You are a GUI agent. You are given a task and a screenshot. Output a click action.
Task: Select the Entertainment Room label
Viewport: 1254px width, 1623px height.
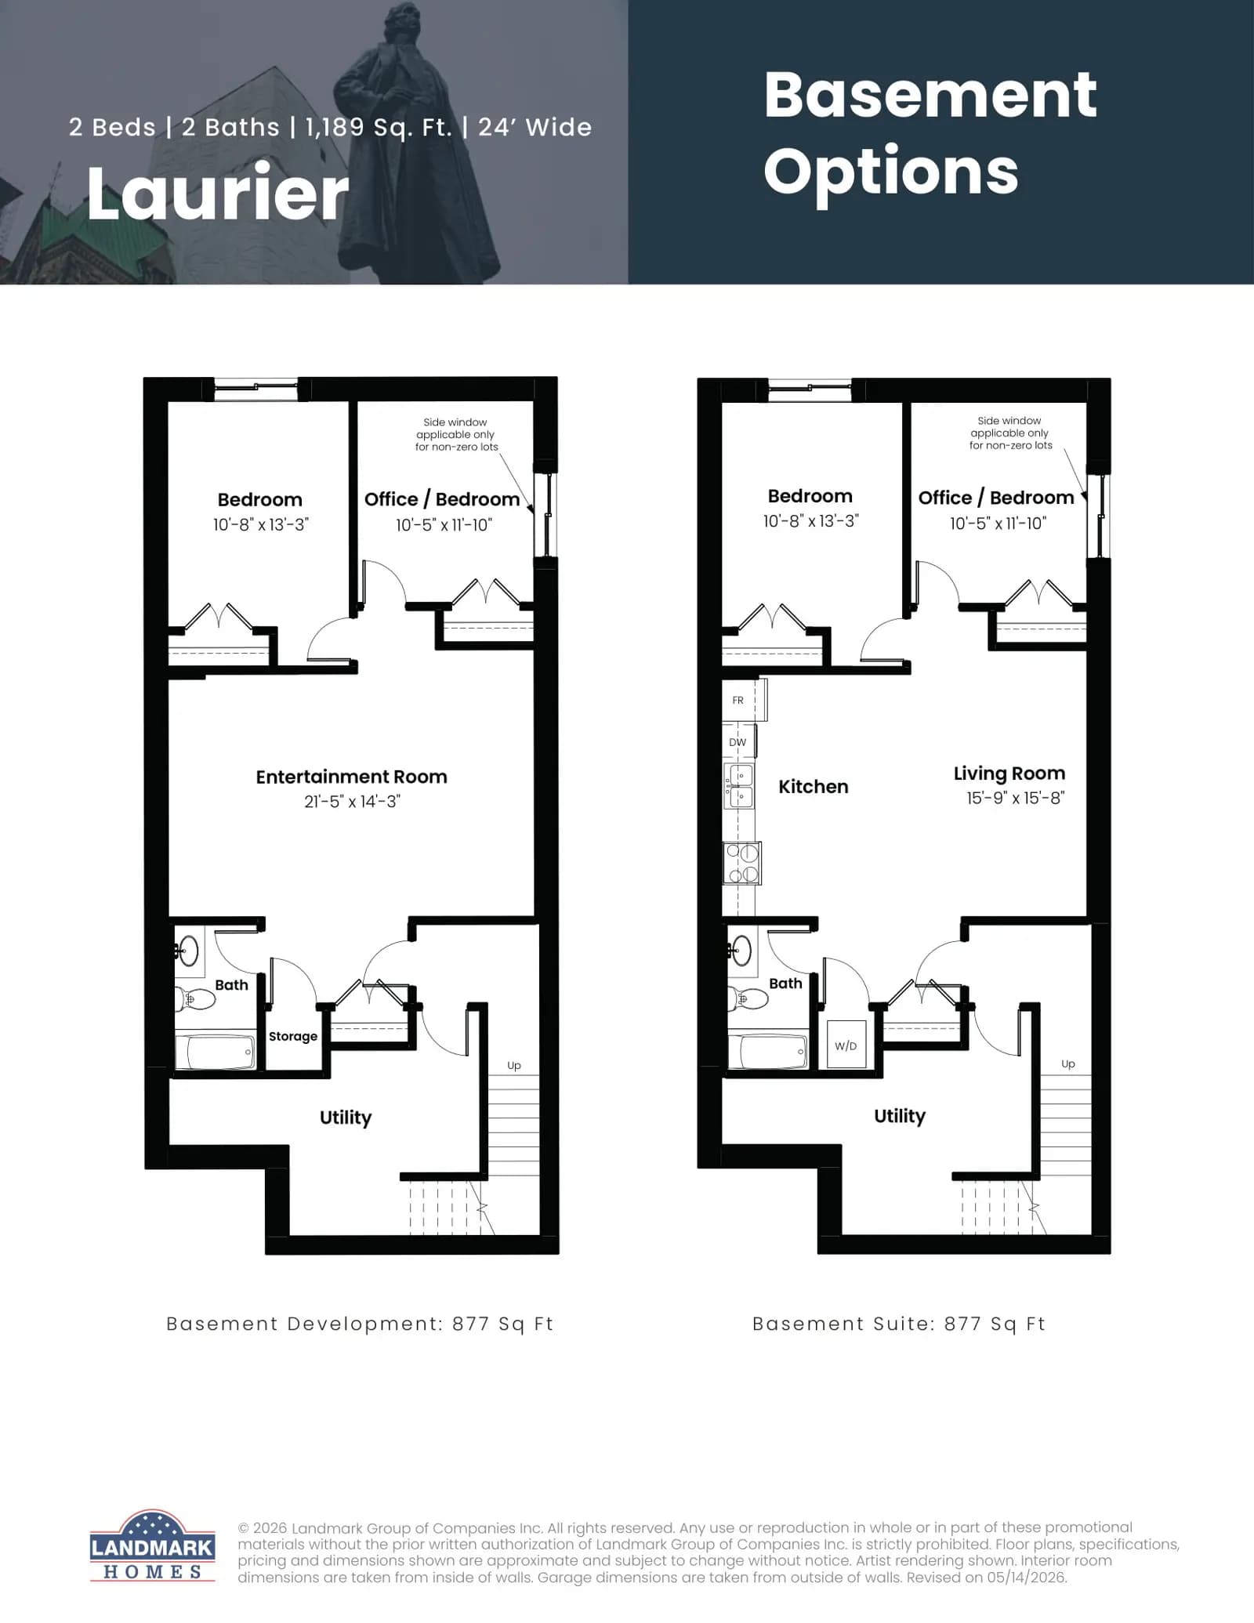[x=351, y=777]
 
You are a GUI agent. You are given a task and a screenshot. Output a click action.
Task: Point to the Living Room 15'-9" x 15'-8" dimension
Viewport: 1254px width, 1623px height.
[x=1015, y=798]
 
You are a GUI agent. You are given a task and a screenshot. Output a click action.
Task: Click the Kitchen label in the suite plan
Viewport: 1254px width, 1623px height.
[x=813, y=787]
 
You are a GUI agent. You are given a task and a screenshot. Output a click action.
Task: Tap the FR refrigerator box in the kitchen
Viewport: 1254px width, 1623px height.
[x=744, y=700]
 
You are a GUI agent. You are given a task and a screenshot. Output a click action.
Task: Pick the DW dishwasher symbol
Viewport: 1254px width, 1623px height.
[x=739, y=742]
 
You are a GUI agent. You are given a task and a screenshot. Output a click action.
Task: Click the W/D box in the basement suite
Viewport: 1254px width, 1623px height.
[x=846, y=1045]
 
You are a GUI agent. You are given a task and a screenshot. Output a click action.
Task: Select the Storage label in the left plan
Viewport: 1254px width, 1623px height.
[x=293, y=1036]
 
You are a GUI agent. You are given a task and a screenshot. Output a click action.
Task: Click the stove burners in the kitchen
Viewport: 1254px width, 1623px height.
[x=742, y=863]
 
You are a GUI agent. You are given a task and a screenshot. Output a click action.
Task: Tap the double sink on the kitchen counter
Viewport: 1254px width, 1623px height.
[x=739, y=786]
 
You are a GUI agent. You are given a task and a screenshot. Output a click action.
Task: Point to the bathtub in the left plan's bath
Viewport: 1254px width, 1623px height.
[x=216, y=1052]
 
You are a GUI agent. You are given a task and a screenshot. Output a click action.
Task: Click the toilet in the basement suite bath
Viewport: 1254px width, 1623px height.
[x=748, y=998]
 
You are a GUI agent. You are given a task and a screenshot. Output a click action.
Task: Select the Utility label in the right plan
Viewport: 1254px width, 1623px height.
[x=900, y=1116]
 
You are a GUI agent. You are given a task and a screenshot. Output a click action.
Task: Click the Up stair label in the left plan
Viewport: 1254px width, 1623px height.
[x=514, y=1065]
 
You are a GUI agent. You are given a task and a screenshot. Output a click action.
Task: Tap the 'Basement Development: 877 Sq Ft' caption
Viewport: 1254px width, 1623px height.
[x=360, y=1324]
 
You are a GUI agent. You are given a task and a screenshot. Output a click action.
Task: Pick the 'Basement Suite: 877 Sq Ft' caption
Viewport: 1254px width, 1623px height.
[x=899, y=1324]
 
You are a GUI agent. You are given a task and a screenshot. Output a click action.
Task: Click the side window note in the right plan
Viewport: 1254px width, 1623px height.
[x=1009, y=433]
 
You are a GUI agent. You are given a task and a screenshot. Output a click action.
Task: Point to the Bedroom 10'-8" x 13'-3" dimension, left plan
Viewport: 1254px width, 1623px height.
[x=261, y=524]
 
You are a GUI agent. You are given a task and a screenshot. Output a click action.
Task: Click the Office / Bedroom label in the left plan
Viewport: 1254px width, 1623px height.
[x=442, y=499]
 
